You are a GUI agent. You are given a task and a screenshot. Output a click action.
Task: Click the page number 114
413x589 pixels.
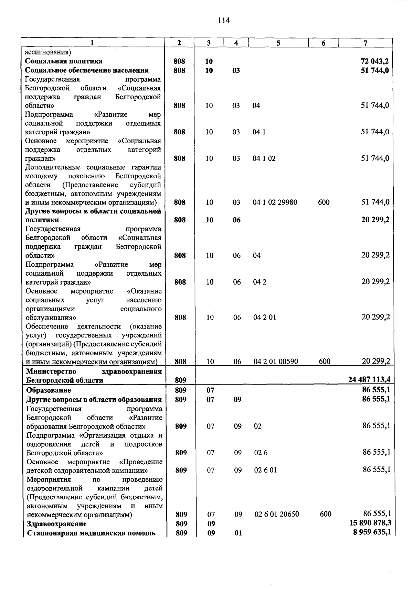coord(224,20)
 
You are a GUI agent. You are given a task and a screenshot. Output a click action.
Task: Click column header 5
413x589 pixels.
coord(278,43)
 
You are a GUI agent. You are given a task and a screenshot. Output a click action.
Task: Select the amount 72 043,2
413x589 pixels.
coord(375,62)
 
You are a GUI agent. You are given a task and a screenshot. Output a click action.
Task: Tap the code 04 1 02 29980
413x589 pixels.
coord(275,202)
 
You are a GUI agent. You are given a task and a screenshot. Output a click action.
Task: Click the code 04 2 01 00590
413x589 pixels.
coord(276,362)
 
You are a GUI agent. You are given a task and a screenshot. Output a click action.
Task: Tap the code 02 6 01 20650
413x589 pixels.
coord(277,514)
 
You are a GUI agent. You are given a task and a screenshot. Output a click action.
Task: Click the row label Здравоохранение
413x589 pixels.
coord(57,524)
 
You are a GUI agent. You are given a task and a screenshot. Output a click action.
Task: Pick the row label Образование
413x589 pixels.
coord(49,390)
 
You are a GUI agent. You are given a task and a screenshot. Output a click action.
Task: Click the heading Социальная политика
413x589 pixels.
coord(64,61)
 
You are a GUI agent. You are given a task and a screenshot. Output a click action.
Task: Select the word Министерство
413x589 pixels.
coord(51,371)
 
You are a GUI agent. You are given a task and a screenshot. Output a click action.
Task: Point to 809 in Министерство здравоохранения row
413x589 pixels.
coord(181,380)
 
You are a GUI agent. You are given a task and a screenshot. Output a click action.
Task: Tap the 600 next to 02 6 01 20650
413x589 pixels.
coord(326,514)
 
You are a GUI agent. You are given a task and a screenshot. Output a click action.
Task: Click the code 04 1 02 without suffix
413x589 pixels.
coord(264,158)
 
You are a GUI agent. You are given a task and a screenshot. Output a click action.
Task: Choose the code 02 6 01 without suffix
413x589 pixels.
coord(265,470)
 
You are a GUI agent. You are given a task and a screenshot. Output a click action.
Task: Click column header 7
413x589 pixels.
coord(365,43)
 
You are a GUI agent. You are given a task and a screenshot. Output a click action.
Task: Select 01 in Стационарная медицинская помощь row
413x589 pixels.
coord(238,533)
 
